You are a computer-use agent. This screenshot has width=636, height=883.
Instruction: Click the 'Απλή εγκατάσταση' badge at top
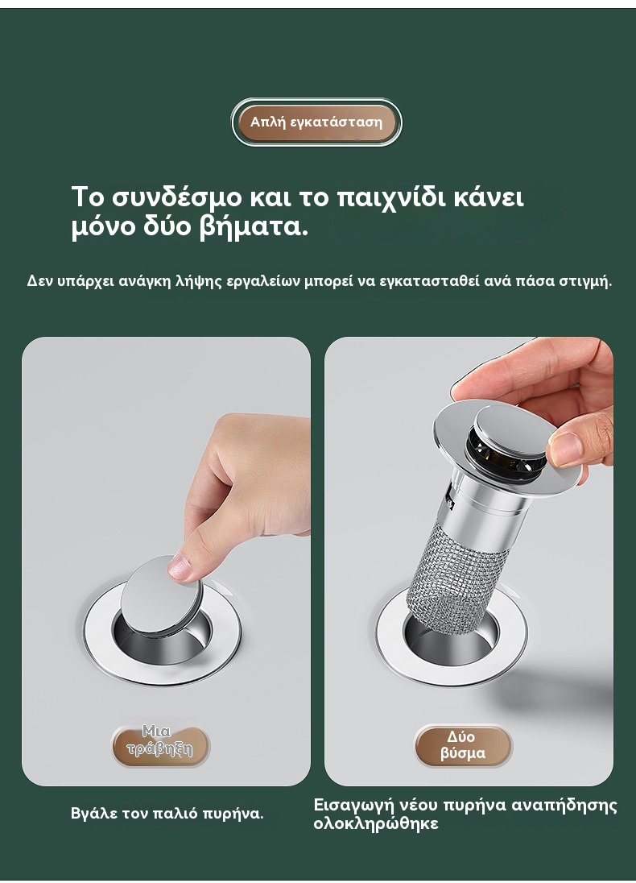(316, 122)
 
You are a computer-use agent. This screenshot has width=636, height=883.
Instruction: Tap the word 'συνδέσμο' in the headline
(177, 197)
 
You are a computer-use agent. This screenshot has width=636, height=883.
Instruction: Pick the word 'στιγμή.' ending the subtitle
(584, 281)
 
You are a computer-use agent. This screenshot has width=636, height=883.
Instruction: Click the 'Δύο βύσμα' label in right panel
(463, 745)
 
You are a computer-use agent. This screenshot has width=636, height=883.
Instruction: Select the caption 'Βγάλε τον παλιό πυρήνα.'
(167, 813)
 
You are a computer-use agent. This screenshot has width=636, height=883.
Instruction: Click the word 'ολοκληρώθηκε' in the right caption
(376, 824)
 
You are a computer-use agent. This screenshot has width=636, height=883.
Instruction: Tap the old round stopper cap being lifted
(161, 596)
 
